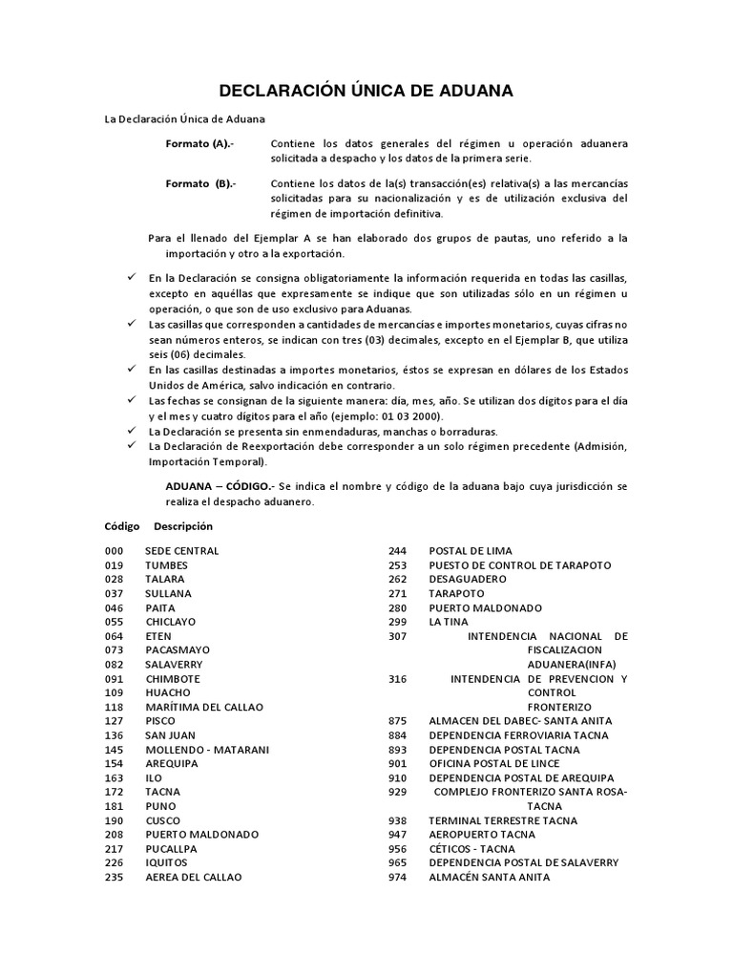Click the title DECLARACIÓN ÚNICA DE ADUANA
tap(366, 92)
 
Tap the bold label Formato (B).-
tap(200, 183)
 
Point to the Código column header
tap(121, 526)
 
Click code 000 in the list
tap(114, 551)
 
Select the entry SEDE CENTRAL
tap(181, 551)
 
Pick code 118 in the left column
tap(114, 707)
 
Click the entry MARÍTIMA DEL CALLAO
tap(203, 707)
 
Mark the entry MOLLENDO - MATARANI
tap(206, 750)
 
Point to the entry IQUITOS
tap(167, 862)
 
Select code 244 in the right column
tap(397, 551)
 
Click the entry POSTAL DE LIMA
tap(470, 551)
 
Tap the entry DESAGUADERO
tap(468, 579)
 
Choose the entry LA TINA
tap(448, 622)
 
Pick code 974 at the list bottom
tap(397, 877)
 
